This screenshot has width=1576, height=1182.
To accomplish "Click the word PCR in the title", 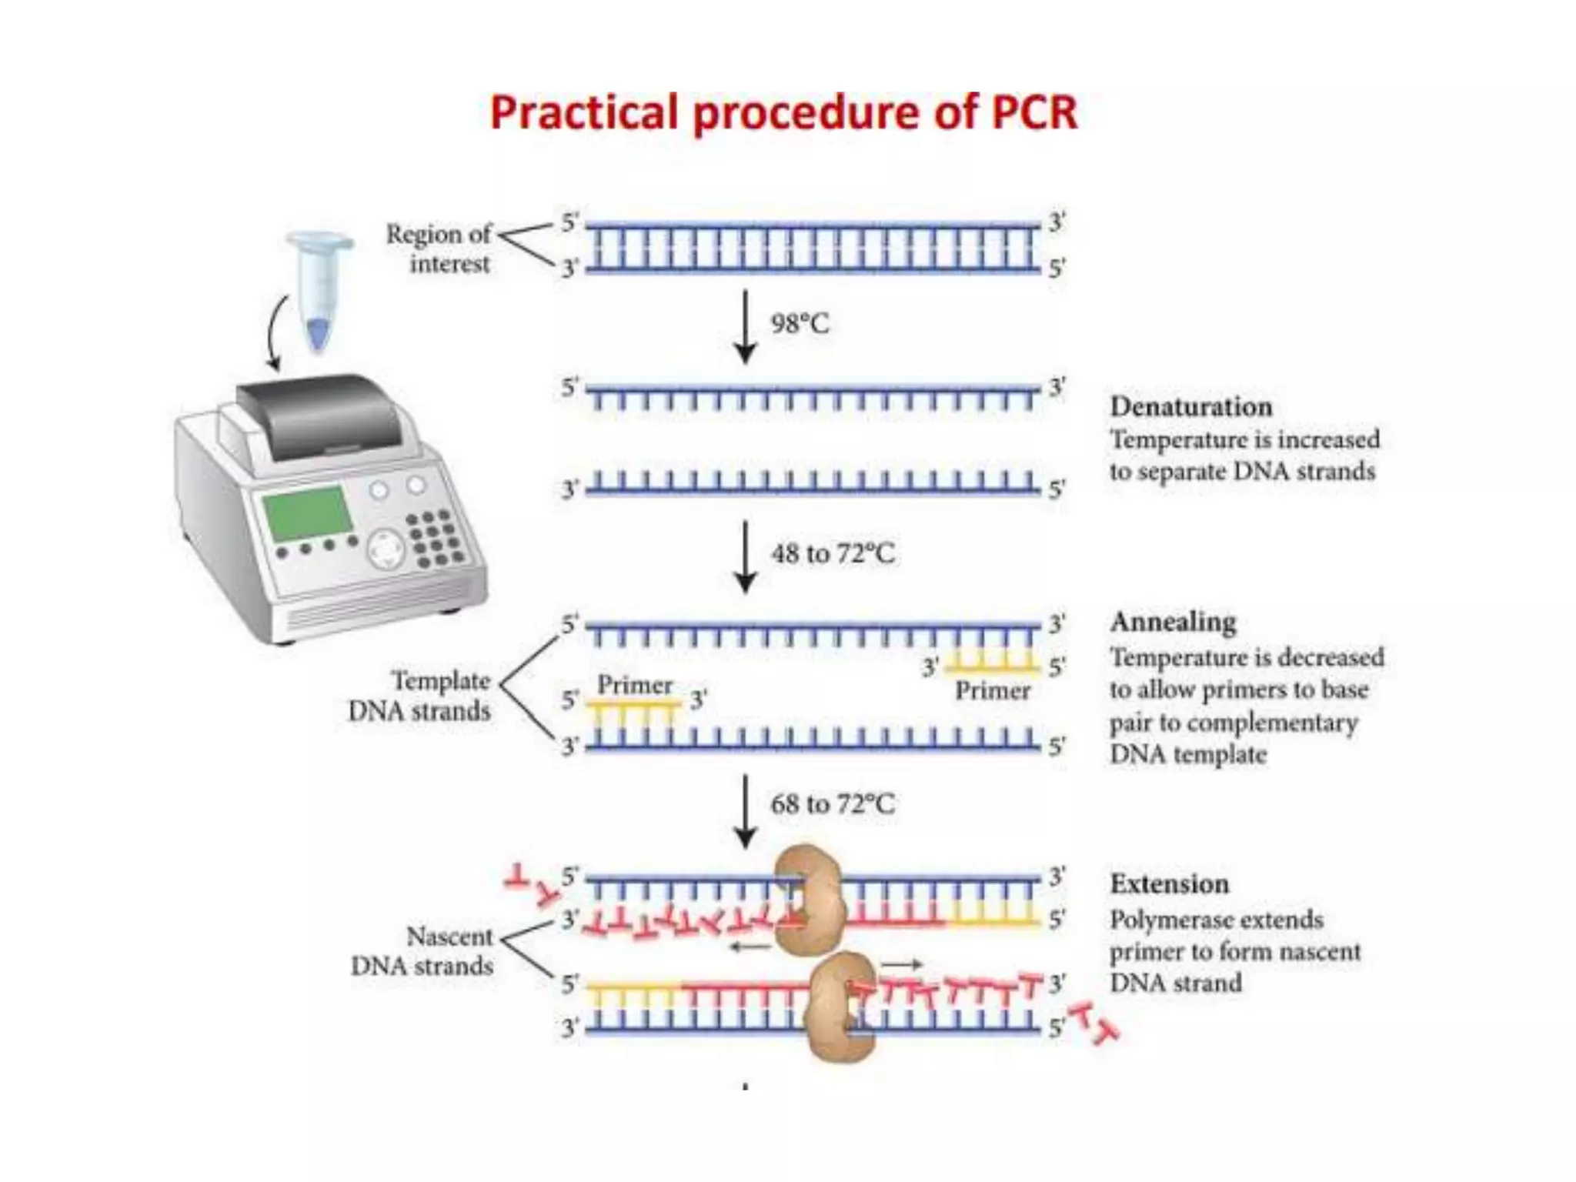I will (x=1033, y=113).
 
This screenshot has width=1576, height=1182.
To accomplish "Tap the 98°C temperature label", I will (x=800, y=324).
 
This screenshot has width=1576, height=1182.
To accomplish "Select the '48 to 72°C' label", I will (x=833, y=553).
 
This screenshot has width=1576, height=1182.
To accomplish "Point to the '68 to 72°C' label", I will (x=832, y=804).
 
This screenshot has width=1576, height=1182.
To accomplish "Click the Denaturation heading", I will (x=1190, y=406).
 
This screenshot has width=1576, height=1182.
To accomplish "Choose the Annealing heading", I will (x=1173, y=622).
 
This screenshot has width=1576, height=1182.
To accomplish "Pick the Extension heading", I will (x=1169, y=884).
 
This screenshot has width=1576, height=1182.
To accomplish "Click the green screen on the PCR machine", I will (x=306, y=512).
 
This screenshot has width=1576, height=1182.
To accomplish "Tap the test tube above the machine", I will (x=319, y=289).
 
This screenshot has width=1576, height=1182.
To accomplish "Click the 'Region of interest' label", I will (x=439, y=248).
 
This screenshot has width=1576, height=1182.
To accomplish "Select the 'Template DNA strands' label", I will (x=420, y=696).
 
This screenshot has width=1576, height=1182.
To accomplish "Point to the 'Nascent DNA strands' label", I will (x=422, y=951).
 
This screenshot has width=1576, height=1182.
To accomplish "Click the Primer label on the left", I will (x=635, y=685).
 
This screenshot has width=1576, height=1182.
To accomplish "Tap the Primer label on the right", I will (x=993, y=691).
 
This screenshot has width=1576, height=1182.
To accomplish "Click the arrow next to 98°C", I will (x=745, y=326).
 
